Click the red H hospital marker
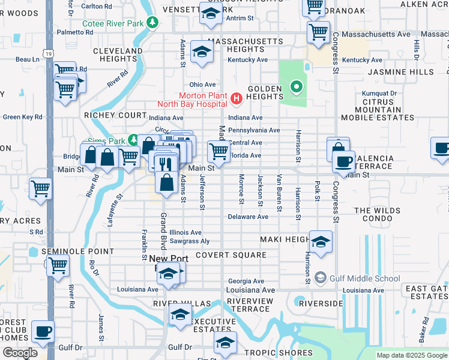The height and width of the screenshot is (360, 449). pyautogui.click(x=237, y=98)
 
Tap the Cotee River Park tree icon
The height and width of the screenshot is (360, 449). pyautogui.click(x=154, y=22)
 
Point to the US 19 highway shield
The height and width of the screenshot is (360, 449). pyautogui.click(x=47, y=54)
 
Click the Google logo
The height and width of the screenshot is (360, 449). pyautogui.click(x=20, y=353)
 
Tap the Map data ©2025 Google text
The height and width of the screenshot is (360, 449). pyautogui.click(x=411, y=355)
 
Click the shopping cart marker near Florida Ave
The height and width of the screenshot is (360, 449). pyautogui.click(x=218, y=151)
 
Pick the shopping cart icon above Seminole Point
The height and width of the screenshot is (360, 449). pyautogui.click(x=58, y=265)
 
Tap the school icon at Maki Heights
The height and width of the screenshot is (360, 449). pyautogui.click(x=321, y=242)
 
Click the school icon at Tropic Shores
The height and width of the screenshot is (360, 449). pyautogui.click(x=224, y=344)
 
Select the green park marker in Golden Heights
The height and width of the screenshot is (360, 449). pyautogui.click(x=295, y=89)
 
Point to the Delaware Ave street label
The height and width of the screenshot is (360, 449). pyautogui.click(x=247, y=217)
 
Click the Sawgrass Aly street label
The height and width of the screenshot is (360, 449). pyautogui.click(x=189, y=241)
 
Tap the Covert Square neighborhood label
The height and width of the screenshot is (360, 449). pyautogui.click(x=230, y=255)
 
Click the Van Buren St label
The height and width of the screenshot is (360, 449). pyautogui.click(x=279, y=193)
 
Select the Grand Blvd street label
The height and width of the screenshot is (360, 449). pyautogui.click(x=162, y=232)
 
